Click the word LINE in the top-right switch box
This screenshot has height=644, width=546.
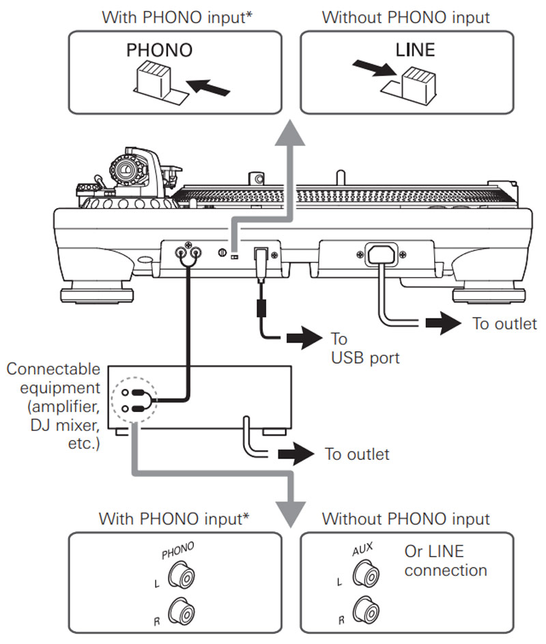415,50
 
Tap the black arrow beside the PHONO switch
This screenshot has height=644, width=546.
207,87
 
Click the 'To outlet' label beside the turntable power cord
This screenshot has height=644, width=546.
504,323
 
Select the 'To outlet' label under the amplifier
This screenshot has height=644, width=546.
357,454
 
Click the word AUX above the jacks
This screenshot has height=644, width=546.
364,547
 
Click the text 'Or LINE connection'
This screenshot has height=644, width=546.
445,560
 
